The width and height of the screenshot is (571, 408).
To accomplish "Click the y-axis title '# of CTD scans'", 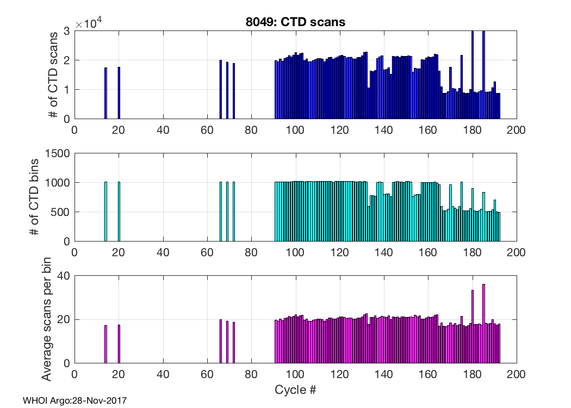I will pyautogui.click(x=53, y=75).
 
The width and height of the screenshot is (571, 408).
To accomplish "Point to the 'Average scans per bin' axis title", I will pyautogui.click(x=47, y=319).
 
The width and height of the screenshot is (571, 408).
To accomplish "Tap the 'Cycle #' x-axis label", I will pyautogui.click(x=295, y=390).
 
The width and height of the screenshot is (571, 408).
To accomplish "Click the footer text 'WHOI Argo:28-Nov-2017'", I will pyautogui.click(x=75, y=401).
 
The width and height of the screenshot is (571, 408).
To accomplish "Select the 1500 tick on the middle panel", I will pyautogui.click(x=59, y=153).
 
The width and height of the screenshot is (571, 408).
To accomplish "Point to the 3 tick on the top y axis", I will pyautogui.click(x=66, y=31).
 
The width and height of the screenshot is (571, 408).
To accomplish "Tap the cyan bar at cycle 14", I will pyautogui.click(x=105, y=212).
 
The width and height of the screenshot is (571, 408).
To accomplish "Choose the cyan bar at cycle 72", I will pyautogui.click(x=234, y=212).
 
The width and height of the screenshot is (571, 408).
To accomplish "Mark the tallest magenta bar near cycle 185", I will pyautogui.click(x=483, y=324).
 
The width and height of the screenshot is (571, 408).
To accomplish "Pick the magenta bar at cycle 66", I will pyautogui.click(x=220, y=341).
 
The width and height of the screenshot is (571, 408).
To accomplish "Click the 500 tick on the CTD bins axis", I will pyautogui.click(x=61, y=212).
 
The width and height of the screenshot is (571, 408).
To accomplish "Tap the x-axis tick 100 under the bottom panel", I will pyautogui.click(x=295, y=374).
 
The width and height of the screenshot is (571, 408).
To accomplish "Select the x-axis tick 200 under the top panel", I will pyautogui.click(x=516, y=131).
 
